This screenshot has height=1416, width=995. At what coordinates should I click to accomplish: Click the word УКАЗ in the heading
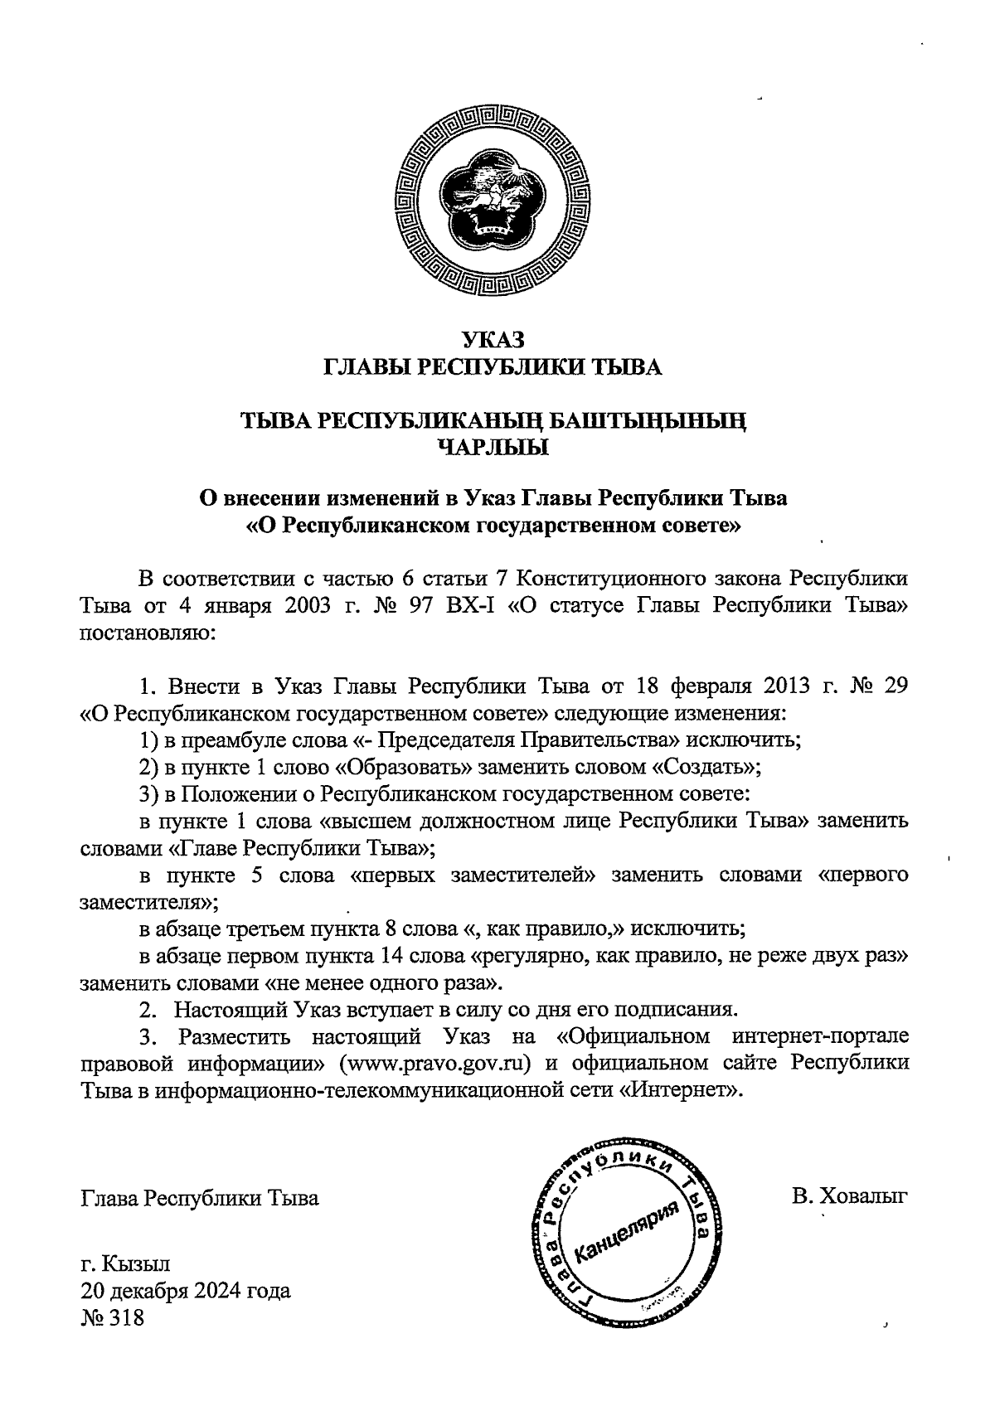pyautogui.click(x=494, y=339)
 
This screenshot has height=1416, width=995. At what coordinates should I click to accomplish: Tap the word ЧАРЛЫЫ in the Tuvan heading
pyautogui.click(x=494, y=449)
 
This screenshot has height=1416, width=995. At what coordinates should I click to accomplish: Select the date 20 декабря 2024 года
pyautogui.click(x=185, y=1292)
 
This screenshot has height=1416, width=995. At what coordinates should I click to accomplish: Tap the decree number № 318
pyautogui.click(x=112, y=1318)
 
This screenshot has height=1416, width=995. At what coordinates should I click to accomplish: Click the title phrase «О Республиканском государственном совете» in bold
pyautogui.click(x=494, y=526)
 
